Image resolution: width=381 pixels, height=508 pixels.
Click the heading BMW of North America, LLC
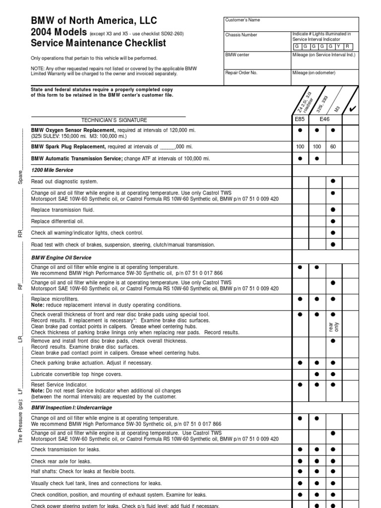[x=94, y=21]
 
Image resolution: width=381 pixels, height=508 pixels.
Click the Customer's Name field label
[x=243, y=20]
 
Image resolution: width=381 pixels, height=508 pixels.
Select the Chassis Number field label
[x=241, y=35]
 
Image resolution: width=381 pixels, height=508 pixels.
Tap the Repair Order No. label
[x=241, y=72]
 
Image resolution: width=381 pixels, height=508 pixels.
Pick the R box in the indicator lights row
[x=351, y=46]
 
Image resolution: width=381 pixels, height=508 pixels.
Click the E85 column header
[x=301, y=120]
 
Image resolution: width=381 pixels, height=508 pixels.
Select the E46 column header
[x=325, y=120]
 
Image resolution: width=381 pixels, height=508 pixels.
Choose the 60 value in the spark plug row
[x=333, y=147]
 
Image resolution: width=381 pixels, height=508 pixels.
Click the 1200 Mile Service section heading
[x=52, y=170]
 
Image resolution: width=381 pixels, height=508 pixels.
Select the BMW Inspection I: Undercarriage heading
[x=71, y=407]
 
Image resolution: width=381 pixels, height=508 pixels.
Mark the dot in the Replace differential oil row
[x=333, y=221]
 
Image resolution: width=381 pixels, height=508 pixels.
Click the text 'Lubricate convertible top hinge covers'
[x=76, y=374]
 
